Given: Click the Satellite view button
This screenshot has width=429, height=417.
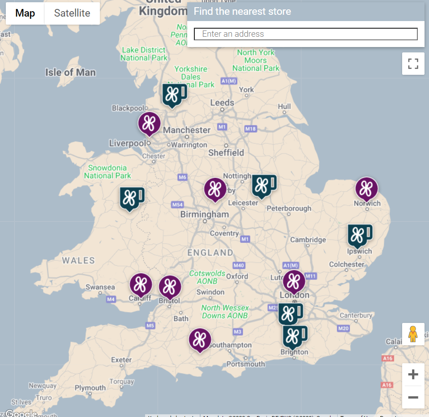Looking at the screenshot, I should [72, 13].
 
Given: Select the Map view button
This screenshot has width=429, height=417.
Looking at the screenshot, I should [25, 13].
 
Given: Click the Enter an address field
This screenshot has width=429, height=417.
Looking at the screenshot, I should [305, 34].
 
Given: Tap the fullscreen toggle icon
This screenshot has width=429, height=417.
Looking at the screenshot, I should [413, 64].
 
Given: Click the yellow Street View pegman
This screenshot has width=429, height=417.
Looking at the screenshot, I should [413, 334].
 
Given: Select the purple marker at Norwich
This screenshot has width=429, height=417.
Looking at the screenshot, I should [366, 188].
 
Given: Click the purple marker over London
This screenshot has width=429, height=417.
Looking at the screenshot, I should [294, 281].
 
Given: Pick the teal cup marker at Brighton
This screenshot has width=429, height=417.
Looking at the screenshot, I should [294, 336].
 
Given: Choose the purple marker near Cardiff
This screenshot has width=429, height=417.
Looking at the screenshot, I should [141, 284].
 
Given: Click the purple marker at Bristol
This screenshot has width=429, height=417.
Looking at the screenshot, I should [170, 287].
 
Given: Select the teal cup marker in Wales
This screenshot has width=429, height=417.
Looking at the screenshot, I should [131, 198].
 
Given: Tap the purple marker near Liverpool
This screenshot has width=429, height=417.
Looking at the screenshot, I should [149, 123].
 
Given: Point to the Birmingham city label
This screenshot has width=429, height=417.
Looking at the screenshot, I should [204, 215].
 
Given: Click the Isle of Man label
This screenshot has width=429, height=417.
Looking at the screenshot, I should [70, 72].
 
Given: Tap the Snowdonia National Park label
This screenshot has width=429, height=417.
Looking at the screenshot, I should [107, 172].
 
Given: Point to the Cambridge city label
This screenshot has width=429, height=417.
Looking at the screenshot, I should [308, 240].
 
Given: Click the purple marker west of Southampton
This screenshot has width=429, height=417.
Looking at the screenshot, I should [200, 340].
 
